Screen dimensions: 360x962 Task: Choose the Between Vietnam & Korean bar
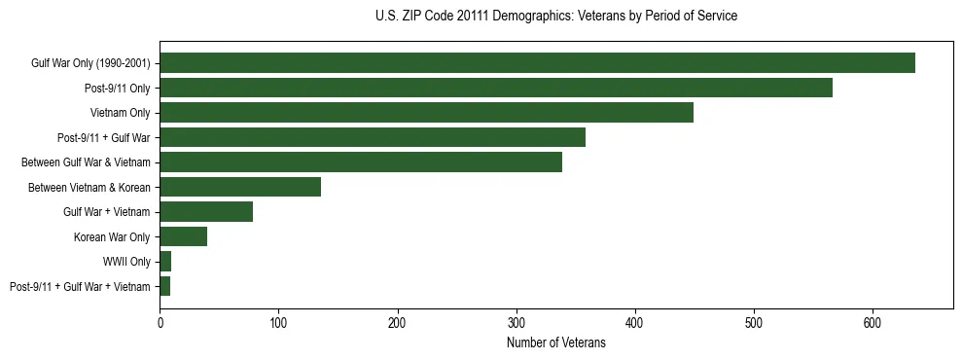point(240,187)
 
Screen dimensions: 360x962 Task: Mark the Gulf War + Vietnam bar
point(206,212)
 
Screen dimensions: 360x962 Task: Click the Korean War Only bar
point(184,236)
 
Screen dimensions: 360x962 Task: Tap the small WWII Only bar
point(165,262)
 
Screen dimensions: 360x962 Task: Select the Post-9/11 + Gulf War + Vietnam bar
point(165,286)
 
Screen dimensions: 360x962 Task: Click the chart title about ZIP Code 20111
point(555,17)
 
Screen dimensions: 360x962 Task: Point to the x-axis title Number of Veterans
point(555,343)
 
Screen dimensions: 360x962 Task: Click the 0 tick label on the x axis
point(160,322)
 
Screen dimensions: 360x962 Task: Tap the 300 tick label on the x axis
point(517,322)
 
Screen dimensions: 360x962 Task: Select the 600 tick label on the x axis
point(873,322)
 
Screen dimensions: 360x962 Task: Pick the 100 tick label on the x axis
point(279,322)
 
